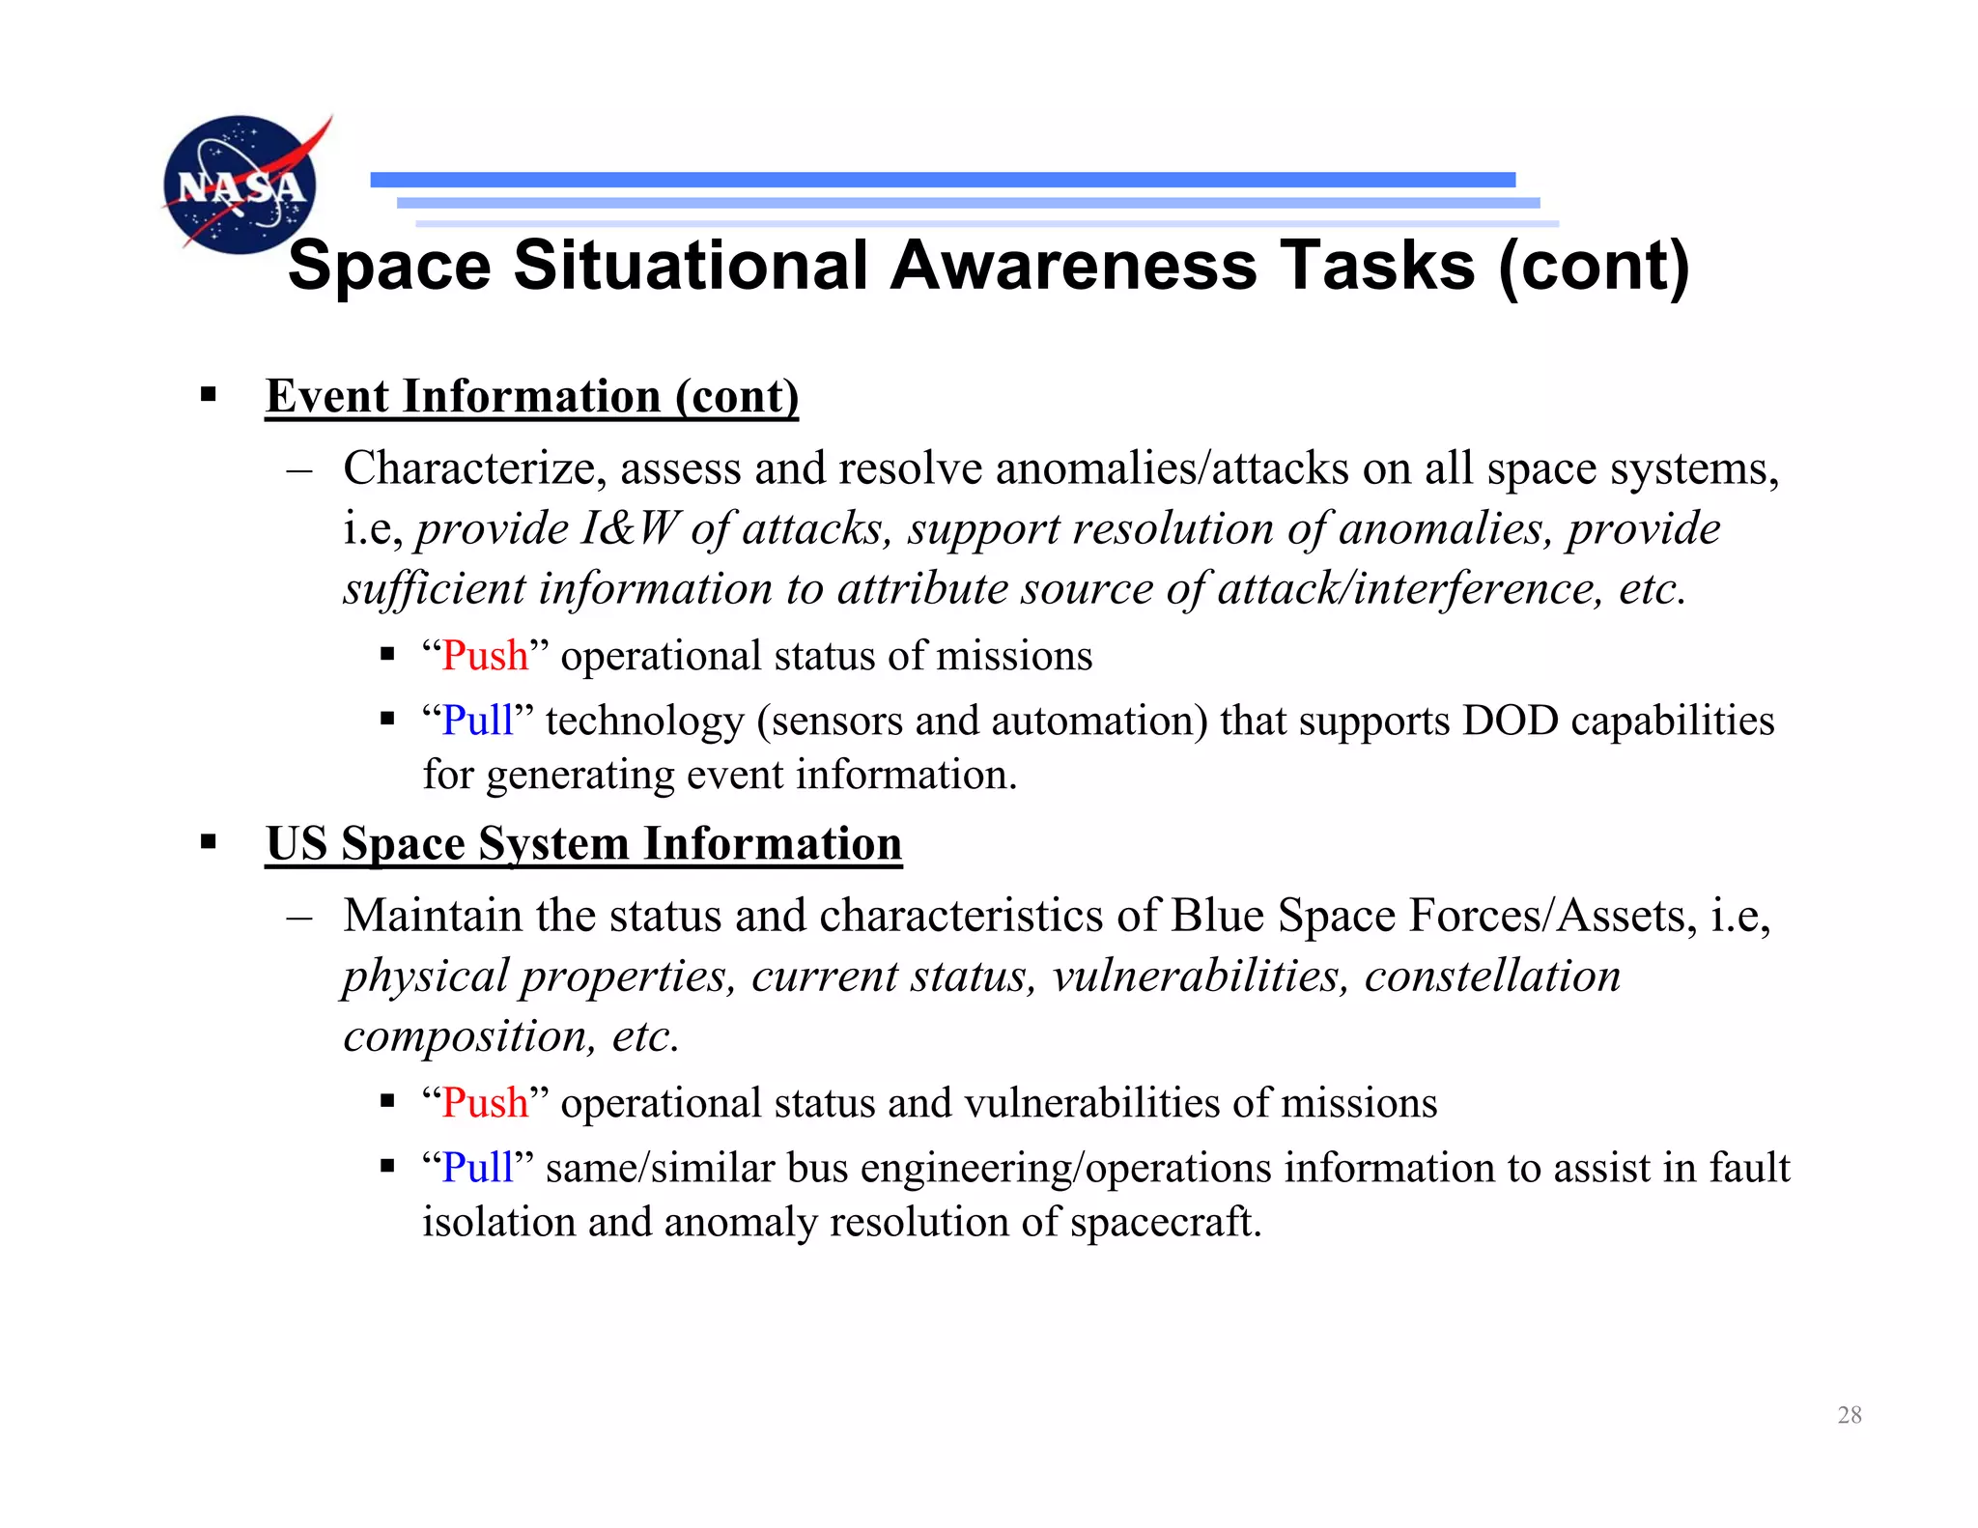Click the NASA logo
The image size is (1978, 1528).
point(240,184)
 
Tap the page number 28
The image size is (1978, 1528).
point(1849,1415)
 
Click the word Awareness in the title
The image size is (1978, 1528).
point(1073,266)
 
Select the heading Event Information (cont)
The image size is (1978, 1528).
point(532,396)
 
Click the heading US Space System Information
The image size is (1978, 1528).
point(583,843)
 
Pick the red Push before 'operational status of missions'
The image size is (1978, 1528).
point(485,656)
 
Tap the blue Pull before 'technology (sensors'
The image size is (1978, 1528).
point(477,721)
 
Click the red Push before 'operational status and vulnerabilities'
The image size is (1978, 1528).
point(485,1103)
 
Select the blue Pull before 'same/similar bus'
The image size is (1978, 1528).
point(477,1168)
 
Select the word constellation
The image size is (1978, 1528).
point(1492,976)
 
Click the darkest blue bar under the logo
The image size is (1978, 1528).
point(943,180)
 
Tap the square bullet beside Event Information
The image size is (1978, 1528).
point(208,395)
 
